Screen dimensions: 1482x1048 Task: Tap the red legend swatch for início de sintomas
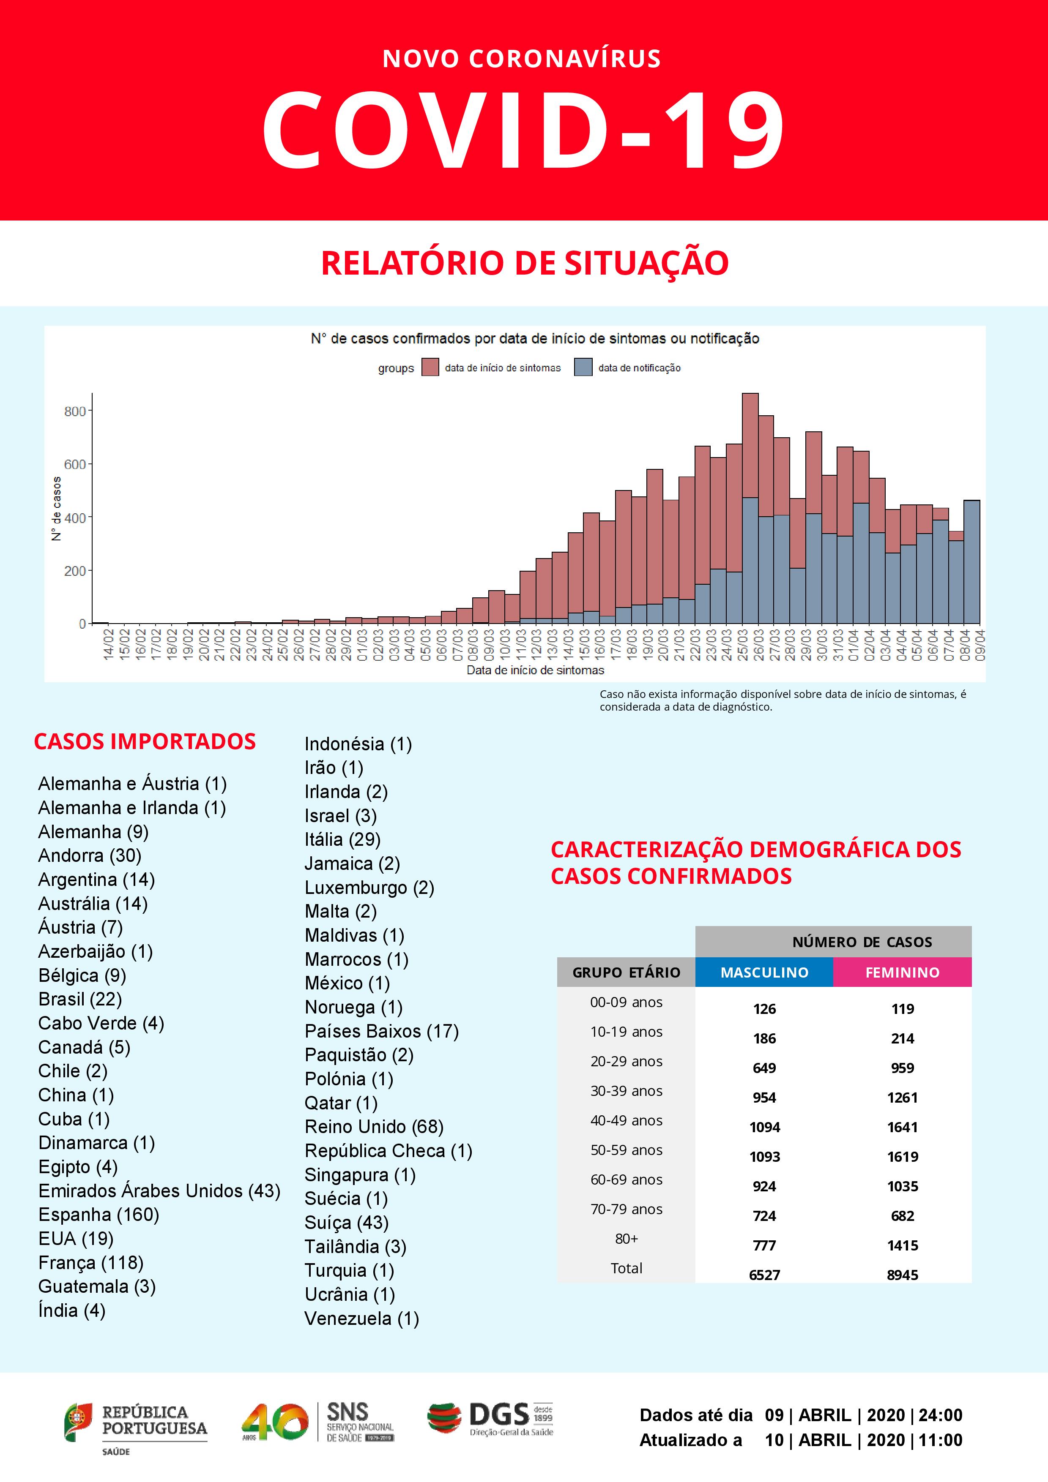(430, 367)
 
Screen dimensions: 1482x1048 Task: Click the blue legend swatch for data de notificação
(583, 367)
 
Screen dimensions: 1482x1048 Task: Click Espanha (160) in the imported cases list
(98, 1214)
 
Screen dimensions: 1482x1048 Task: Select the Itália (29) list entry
(342, 839)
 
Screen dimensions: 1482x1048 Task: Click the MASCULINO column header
(764, 972)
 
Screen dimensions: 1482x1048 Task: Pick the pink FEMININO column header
(902, 972)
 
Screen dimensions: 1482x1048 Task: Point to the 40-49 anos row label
(626, 1120)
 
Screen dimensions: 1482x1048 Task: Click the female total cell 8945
(902, 1275)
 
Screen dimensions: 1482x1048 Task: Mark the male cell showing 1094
(764, 1127)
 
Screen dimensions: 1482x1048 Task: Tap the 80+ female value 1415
(902, 1245)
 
